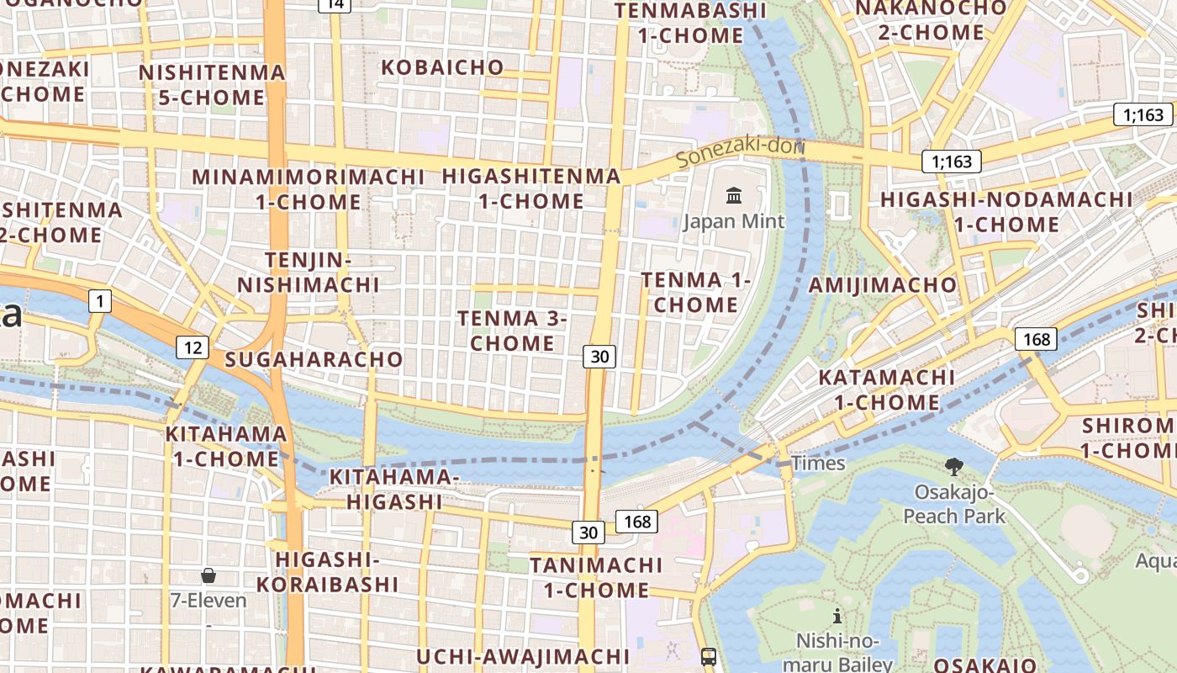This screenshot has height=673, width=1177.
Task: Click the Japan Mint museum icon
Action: [734, 197]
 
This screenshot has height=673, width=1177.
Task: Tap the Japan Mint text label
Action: [734, 221]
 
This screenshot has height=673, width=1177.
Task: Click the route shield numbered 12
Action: [193, 347]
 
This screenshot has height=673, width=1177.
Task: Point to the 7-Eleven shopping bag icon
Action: [208, 576]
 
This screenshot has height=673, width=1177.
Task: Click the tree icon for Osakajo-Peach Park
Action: [953, 467]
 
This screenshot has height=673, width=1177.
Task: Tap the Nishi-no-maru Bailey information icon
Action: [837, 617]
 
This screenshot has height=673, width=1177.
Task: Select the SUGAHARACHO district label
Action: [314, 359]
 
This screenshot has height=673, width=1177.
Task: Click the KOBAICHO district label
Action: [443, 67]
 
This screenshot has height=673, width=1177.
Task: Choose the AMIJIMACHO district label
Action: [883, 285]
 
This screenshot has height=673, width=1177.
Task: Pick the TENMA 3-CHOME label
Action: [513, 331]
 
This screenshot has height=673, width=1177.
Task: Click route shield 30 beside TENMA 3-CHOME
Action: [599, 357]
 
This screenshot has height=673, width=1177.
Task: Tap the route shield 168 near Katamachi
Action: [1036, 339]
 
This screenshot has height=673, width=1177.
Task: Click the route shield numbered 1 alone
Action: [100, 301]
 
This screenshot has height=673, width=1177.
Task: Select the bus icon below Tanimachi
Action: [709, 656]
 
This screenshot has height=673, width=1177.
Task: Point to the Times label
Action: [818, 464]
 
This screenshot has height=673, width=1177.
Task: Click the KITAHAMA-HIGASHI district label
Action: [393, 489]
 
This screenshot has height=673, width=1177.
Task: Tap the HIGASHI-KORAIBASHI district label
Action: [327, 571]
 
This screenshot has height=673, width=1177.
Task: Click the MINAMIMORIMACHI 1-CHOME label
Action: [309, 189]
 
